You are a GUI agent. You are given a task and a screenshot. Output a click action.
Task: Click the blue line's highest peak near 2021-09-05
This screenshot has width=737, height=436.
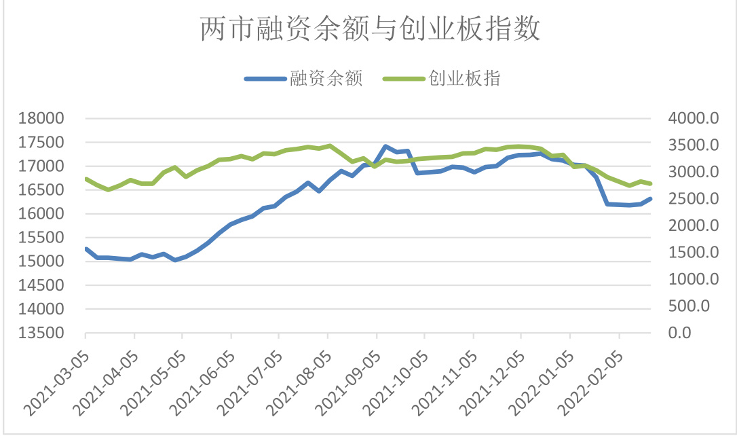[385, 146]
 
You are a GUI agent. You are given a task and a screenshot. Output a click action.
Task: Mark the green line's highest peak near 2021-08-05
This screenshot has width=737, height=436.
[330, 145]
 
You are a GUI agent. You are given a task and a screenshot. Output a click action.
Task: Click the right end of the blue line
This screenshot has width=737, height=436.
[651, 199]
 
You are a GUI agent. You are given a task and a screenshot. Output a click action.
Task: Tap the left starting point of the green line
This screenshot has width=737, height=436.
[86, 179]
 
